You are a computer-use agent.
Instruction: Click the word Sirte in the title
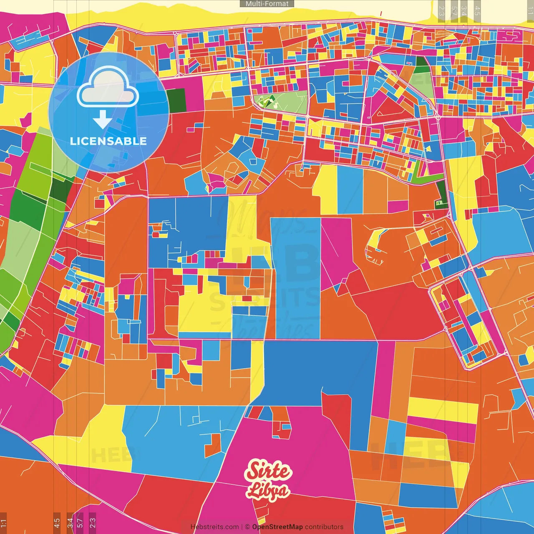pyautogui.click(x=268, y=471)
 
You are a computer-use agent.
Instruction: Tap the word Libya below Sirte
pyautogui.click(x=267, y=491)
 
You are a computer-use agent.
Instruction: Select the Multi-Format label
pyautogui.click(x=267, y=4)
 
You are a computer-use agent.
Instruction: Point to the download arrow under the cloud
pyautogui.click(x=102, y=120)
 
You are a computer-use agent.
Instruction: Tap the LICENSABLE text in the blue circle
pyautogui.click(x=108, y=141)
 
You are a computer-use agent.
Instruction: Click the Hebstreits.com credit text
pyautogui.click(x=214, y=527)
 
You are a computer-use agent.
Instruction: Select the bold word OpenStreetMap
pyautogui.click(x=277, y=527)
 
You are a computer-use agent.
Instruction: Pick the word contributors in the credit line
pyautogui.click(x=324, y=527)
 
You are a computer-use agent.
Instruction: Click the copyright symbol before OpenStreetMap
pyautogui.click(x=247, y=527)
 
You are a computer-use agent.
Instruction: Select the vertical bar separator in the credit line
pyautogui.click(x=242, y=527)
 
